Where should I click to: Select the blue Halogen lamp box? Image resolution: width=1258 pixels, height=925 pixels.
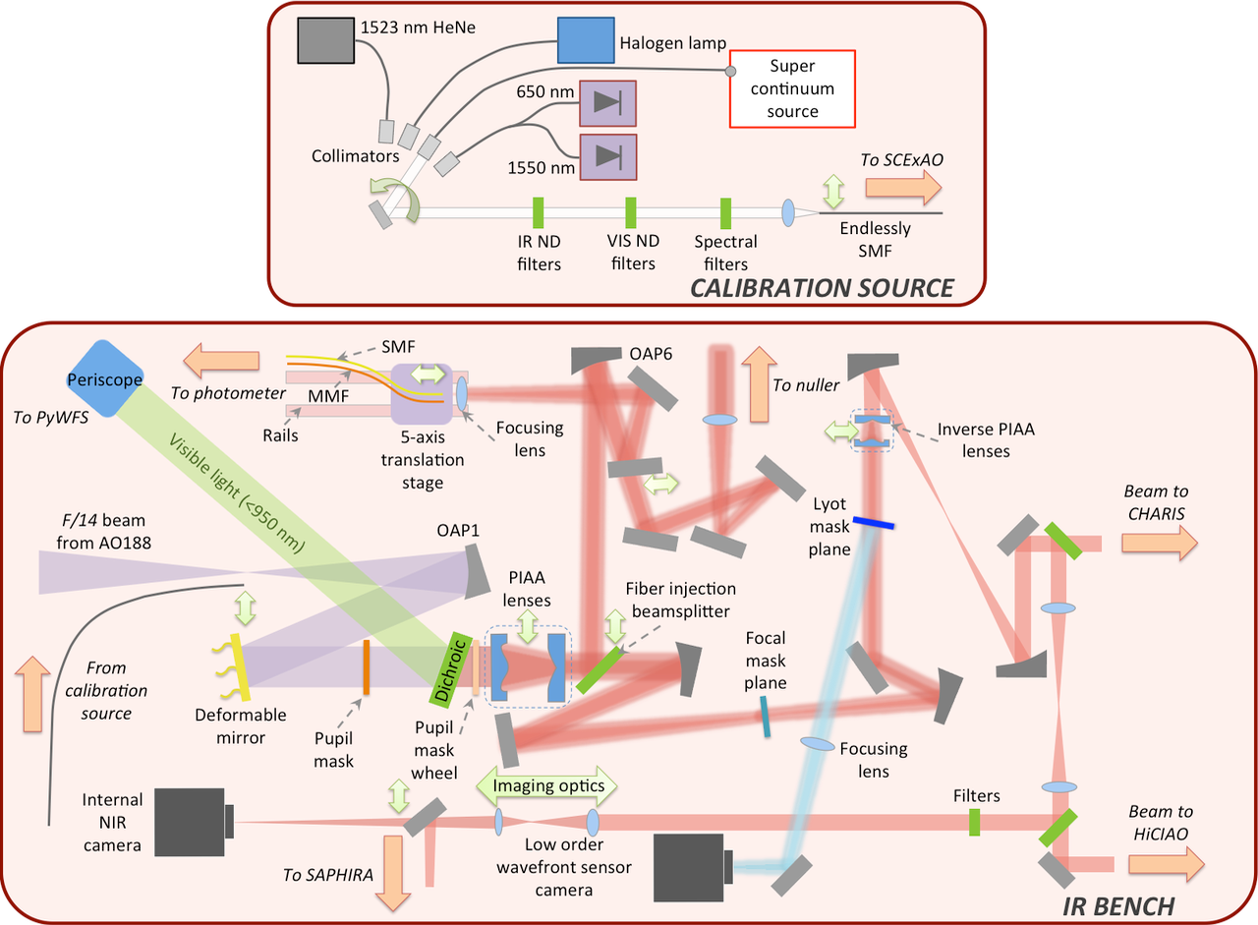coord(585,42)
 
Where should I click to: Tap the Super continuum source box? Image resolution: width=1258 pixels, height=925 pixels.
coord(791,88)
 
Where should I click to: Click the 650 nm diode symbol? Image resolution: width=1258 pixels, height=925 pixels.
coord(607,101)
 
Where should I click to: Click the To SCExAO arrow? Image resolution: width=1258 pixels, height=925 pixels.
coord(902,187)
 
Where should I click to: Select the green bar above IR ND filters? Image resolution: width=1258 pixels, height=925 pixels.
coord(538,212)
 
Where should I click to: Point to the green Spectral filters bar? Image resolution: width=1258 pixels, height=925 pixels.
coord(725,212)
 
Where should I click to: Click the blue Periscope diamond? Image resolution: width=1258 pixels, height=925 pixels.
coord(105,379)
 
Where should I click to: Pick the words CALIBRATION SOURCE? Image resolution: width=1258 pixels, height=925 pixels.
coord(821,288)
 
